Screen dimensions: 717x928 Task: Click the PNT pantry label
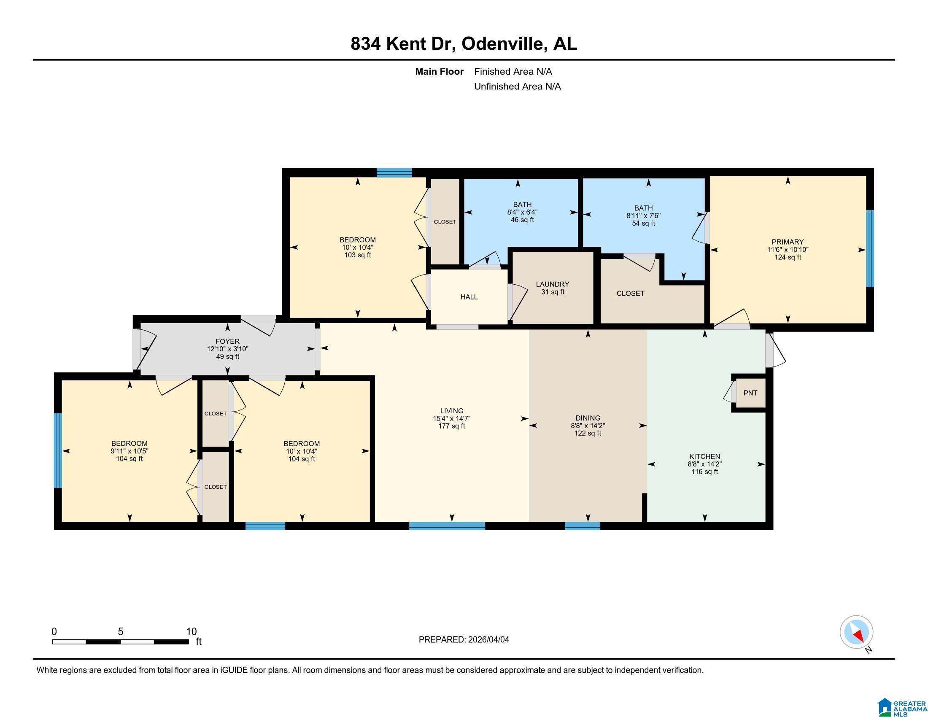click(x=750, y=393)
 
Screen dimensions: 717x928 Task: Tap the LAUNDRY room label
click(x=553, y=284)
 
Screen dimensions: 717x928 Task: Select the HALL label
click(x=469, y=297)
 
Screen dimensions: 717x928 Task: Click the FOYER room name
click(x=227, y=341)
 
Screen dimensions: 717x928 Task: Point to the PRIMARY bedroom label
click(x=788, y=242)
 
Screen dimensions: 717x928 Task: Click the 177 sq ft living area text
click(x=451, y=426)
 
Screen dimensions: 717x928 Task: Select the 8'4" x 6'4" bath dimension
click(x=522, y=212)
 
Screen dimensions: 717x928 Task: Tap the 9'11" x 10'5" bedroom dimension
click(x=129, y=451)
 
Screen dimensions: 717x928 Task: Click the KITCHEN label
click(x=704, y=457)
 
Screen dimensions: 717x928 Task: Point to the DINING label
click(x=588, y=418)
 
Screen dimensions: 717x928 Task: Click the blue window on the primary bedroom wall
click(x=870, y=248)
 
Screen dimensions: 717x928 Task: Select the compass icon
click(x=856, y=632)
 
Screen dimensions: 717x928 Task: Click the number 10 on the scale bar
click(x=191, y=632)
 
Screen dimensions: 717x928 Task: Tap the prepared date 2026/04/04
click(x=488, y=640)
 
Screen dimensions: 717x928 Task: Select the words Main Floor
click(x=439, y=72)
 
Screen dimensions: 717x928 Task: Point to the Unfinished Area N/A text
click(x=517, y=86)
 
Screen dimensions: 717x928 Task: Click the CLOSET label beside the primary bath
click(x=630, y=294)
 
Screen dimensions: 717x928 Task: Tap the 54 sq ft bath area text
click(x=643, y=224)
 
